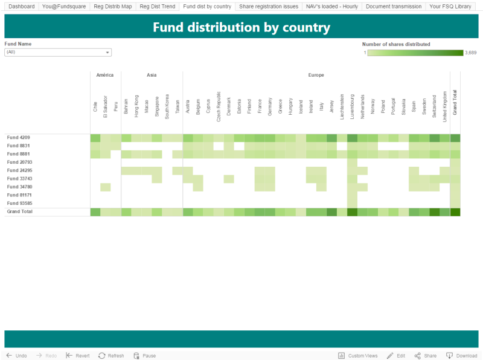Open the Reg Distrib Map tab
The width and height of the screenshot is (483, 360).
[112, 7]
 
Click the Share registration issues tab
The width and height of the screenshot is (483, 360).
[268, 7]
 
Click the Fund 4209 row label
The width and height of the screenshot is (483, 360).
[18, 138]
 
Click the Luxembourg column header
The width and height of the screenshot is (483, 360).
[352, 104]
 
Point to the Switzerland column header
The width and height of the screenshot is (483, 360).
[434, 104]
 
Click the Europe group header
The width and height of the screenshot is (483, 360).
[316, 76]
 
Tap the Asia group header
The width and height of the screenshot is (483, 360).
[152, 76]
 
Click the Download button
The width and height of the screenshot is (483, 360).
[462, 356]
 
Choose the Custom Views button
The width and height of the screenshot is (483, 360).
[358, 356]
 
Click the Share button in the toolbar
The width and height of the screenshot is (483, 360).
[426, 356]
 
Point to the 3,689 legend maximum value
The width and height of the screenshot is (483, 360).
[471, 53]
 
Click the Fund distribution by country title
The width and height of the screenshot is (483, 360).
[241, 28]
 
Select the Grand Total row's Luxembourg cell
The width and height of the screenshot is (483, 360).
[352, 212]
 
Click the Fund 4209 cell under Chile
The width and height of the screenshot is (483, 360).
[95, 138]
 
